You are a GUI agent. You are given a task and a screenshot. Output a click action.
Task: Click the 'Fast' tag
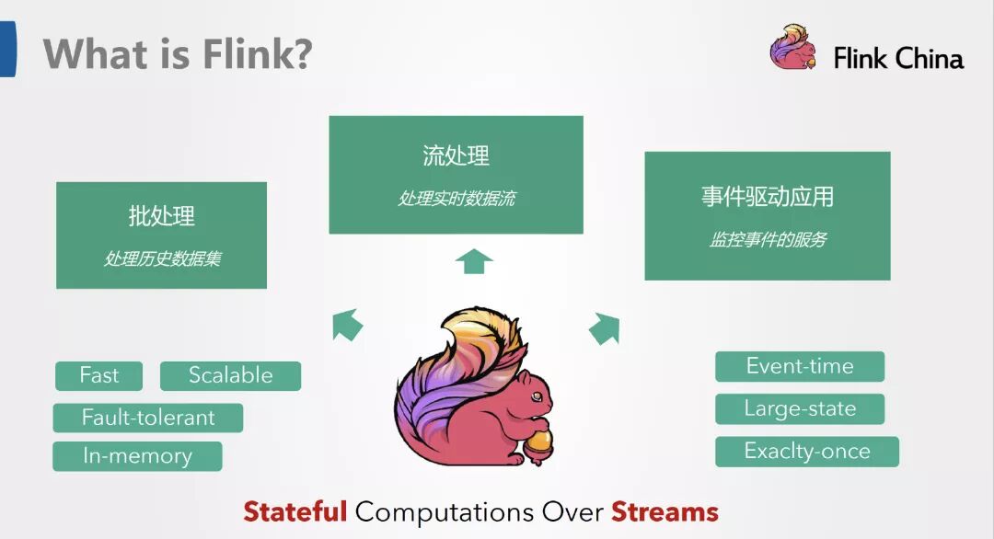click(99, 375)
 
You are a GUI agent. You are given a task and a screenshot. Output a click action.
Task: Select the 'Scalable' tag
click(230, 375)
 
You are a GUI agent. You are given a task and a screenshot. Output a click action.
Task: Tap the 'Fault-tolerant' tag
click(148, 418)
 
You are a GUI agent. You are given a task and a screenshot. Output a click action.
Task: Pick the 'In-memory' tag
click(137, 456)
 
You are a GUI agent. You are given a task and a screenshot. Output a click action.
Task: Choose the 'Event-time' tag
click(800, 366)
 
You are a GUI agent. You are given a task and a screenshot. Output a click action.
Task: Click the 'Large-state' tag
click(800, 408)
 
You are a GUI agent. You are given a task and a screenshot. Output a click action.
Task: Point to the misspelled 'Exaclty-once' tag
click(807, 452)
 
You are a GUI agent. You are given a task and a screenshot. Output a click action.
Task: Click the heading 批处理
click(162, 217)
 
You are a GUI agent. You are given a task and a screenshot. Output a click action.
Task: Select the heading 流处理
click(456, 155)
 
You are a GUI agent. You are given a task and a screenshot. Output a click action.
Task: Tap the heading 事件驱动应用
click(768, 197)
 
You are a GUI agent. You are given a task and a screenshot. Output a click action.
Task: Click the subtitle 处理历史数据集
click(162, 258)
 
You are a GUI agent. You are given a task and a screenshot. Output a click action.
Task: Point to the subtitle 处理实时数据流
click(456, 199)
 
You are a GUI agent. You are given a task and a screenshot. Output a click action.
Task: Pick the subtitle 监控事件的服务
click(768, 240)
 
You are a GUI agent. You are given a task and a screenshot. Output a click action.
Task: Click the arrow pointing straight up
click(474, 261)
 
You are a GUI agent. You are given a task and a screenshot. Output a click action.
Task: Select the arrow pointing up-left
click(347, 324)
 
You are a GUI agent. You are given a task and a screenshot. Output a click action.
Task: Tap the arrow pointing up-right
click(604, 327)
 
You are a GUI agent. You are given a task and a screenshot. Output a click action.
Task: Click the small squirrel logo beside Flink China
click(793, 49)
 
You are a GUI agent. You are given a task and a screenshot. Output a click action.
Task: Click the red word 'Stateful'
click(295, 511)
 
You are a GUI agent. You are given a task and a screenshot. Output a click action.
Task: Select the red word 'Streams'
click(665, 511)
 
